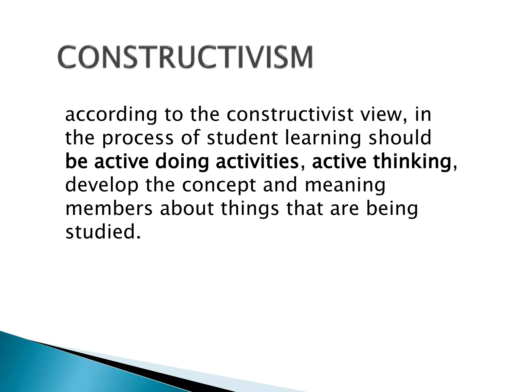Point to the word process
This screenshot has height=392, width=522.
coord(138,139)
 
